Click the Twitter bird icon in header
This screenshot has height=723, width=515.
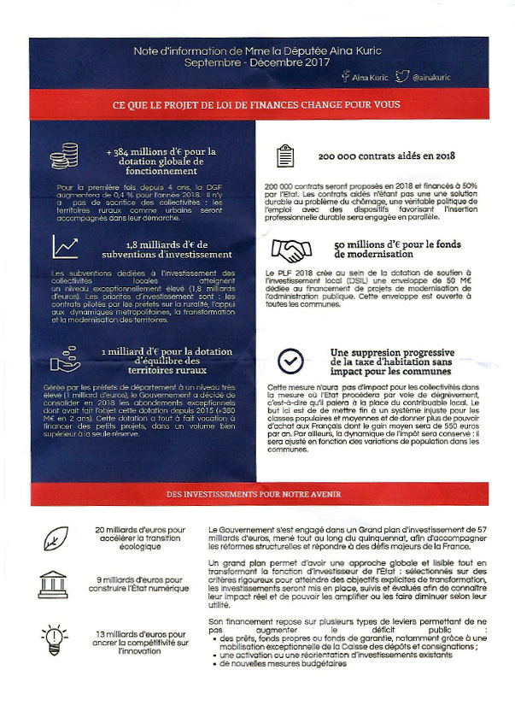pos(402,77)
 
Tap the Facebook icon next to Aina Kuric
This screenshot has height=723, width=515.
pos(345,77)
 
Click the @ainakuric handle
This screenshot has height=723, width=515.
pos(431,78)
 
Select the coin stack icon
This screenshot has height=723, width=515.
pos(64,156)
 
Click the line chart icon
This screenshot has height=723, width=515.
pos(66,246)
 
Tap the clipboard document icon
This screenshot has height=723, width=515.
pos(284,156)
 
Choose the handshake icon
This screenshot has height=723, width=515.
pos(290,250)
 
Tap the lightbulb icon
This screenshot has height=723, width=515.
pos(54,637)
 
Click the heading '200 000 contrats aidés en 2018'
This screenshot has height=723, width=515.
pos(386,156)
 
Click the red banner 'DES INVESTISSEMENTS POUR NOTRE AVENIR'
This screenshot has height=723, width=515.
pos(257,495)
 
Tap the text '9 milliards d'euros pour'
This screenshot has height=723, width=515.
pos(140,580)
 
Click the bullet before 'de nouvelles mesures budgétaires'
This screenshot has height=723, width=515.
pos(214,663)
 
